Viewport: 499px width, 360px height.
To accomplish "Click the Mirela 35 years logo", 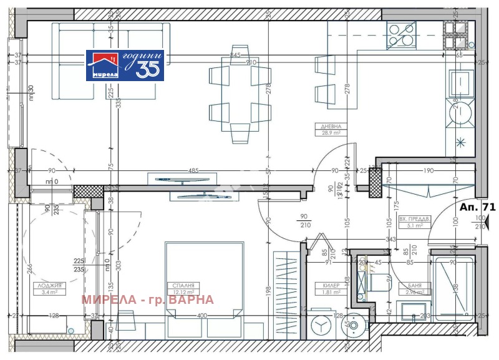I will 125,65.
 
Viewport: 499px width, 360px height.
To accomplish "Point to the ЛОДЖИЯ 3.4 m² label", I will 44,288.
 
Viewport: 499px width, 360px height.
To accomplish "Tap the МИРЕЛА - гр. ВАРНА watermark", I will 147,300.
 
